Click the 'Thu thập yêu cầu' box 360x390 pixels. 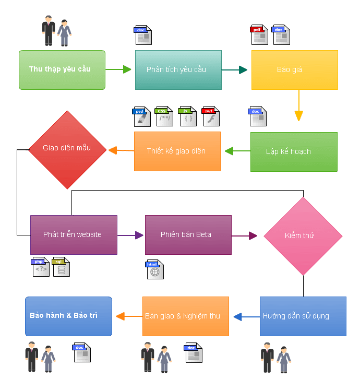click(62, 69)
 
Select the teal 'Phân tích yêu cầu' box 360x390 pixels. click(178, 69)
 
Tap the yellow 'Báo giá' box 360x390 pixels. click(294, 69)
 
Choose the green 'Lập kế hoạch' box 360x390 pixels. click(294, 151)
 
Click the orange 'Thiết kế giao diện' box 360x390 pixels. click(177, 151)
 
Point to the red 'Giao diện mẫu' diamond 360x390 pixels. click(67, 149)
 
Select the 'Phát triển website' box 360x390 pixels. click(74, 234)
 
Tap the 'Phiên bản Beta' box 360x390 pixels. click(188, 234)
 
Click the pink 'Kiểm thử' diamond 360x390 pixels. click(303, 235)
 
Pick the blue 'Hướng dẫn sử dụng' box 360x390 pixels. click(303, 316)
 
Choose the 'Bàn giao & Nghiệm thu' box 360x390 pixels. click(186, 316)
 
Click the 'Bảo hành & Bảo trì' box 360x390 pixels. click(68, 316)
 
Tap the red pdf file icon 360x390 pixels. click(259, 35)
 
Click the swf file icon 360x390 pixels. click(211, 116)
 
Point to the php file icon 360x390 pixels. click(41, 267)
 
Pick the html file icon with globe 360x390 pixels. click(155, 269)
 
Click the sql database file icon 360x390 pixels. click(61, 267)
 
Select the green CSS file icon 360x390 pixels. click(164, 116)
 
